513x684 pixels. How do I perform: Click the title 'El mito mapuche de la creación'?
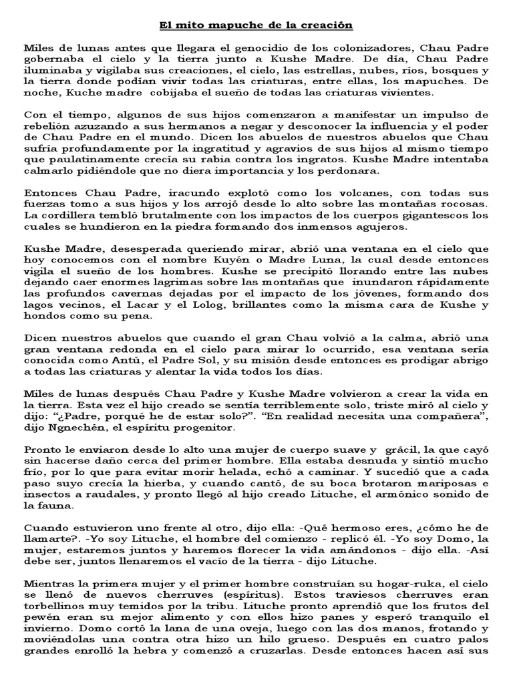[256, 25]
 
